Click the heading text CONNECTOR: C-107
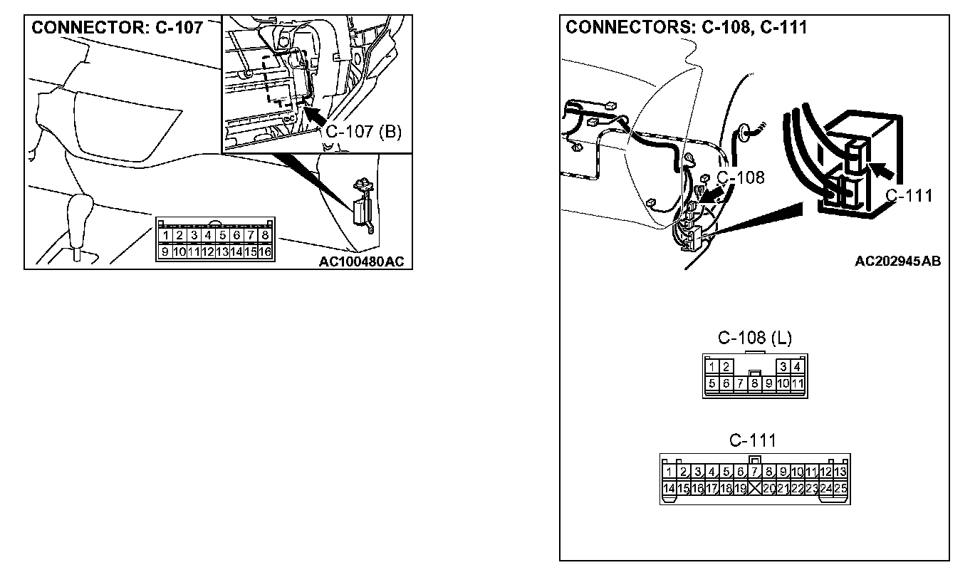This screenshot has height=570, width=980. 118,28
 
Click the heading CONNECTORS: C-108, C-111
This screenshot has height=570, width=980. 686,28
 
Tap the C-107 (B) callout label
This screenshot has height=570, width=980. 363,132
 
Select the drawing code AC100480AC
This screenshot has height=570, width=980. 361,261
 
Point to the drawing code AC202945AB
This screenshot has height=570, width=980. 897,261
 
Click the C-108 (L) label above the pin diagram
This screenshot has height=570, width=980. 754,338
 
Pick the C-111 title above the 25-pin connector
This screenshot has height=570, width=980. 752,440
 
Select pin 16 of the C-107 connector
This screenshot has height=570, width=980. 265,252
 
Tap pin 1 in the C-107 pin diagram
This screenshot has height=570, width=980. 165,235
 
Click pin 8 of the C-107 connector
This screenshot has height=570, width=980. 265,235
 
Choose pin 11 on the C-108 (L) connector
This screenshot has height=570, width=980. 798,384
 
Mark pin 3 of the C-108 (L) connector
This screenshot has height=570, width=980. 783,367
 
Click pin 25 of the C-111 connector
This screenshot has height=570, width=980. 840,488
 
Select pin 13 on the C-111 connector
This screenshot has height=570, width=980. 840,472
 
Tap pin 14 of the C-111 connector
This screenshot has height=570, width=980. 669,488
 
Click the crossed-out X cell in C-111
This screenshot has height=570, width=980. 755,488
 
